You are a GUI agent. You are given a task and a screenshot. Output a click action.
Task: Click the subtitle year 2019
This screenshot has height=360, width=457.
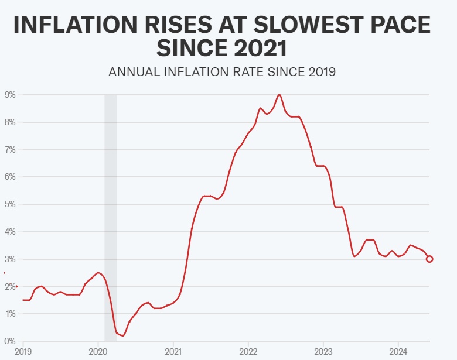tap(319, 73)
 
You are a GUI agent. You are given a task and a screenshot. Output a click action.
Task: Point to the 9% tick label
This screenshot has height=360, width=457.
tap(10, 95)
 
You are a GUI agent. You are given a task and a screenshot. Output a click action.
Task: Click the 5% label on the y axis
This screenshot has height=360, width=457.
tap(10, 204)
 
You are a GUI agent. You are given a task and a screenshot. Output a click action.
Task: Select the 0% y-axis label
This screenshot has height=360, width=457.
tap(10, 341)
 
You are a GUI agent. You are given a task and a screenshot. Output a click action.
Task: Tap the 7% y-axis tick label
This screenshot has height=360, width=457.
tap(10, 150)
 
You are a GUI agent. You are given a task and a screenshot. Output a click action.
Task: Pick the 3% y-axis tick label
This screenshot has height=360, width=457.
tap(10, 259)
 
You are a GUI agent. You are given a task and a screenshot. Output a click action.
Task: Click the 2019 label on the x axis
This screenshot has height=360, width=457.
tap(23, 352)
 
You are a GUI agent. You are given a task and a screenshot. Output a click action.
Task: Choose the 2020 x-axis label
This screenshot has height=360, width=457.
tap(98, 352)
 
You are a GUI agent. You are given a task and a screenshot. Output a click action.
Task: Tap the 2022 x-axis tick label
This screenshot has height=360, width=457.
tap(248, 352)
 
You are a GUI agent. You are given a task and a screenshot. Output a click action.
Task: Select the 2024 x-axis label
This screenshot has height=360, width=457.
tap(398, 352)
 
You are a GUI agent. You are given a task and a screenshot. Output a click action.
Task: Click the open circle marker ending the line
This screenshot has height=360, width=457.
tap(429, 259)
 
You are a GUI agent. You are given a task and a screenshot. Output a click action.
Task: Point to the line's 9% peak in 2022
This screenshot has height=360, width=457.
tap(279, 95)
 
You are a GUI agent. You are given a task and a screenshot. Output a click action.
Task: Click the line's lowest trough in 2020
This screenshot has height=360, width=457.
tap(123, 335)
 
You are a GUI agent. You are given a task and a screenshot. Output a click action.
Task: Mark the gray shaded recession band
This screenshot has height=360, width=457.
tap(110, 217)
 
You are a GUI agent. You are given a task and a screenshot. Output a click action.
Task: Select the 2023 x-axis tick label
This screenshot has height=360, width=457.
tap(323, 352)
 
